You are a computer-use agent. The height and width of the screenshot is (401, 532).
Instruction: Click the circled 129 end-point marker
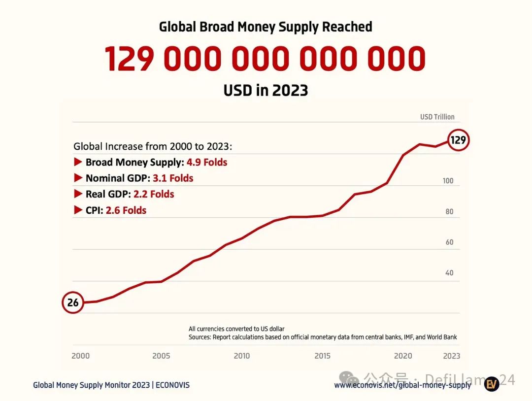click(x=458, y=140)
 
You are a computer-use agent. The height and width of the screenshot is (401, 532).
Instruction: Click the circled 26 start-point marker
click(x=73, y=302)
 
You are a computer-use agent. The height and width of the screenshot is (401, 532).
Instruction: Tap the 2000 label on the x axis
click(x=81, y=356)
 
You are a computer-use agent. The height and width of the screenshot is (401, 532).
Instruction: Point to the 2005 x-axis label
click(x=161, y=356)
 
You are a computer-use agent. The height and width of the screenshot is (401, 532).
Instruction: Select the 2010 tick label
click(x=241, y=356)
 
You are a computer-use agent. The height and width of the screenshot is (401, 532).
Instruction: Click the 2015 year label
click(x=322, y=356)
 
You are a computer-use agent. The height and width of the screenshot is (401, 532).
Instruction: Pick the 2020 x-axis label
click(x=403, y=356)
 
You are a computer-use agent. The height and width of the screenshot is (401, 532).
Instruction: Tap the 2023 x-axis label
click(x=451, y=356)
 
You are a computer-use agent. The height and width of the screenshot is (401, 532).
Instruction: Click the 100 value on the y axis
click(x=448, y=181)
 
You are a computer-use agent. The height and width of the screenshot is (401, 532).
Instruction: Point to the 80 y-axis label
click(x=449, y=212)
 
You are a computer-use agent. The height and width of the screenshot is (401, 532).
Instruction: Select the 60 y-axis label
click(x=449, y=242)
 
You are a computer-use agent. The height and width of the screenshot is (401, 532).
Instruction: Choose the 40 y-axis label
click(x=449, y=273)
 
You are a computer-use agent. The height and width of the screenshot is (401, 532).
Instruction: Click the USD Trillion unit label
click(x=437, y=117)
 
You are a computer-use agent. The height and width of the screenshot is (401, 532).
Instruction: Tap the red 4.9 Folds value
click(x=207, y=162)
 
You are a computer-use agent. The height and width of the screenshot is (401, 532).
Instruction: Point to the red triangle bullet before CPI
click(x=77, y=210)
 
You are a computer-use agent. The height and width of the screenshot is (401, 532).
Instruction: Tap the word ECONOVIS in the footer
click(x=172, y=385)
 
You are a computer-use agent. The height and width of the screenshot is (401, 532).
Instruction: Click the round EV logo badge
click(x=492, y=384)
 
